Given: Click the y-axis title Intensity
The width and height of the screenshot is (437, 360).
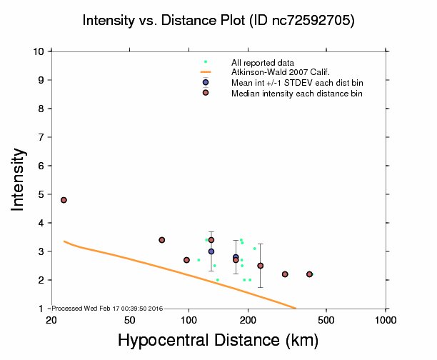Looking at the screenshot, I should coord(19,179).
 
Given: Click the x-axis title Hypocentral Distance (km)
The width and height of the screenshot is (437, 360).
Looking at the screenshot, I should coord(218,341).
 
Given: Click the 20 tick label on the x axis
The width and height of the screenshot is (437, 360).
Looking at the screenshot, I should coord(51,319).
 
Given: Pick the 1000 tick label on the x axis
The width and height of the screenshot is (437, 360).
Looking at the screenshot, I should coord(386,319).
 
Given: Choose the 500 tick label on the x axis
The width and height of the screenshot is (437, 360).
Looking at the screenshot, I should coord(326,319).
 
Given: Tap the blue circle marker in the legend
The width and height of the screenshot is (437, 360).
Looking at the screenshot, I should coord(206,82).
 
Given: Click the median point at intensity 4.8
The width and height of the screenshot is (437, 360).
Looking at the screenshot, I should coord(64,200).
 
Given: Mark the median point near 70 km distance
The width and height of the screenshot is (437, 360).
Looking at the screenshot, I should coord(162,240).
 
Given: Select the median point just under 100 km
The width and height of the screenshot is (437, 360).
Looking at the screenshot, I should coord(186,260).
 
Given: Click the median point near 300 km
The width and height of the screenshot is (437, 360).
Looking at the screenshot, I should coord(285,274).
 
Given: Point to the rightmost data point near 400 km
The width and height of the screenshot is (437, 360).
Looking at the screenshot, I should coord(309,274).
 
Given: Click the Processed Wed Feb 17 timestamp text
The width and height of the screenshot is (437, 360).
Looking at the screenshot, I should coord(107,308).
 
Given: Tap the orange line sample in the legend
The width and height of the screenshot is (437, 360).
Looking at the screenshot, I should coord(206,72).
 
